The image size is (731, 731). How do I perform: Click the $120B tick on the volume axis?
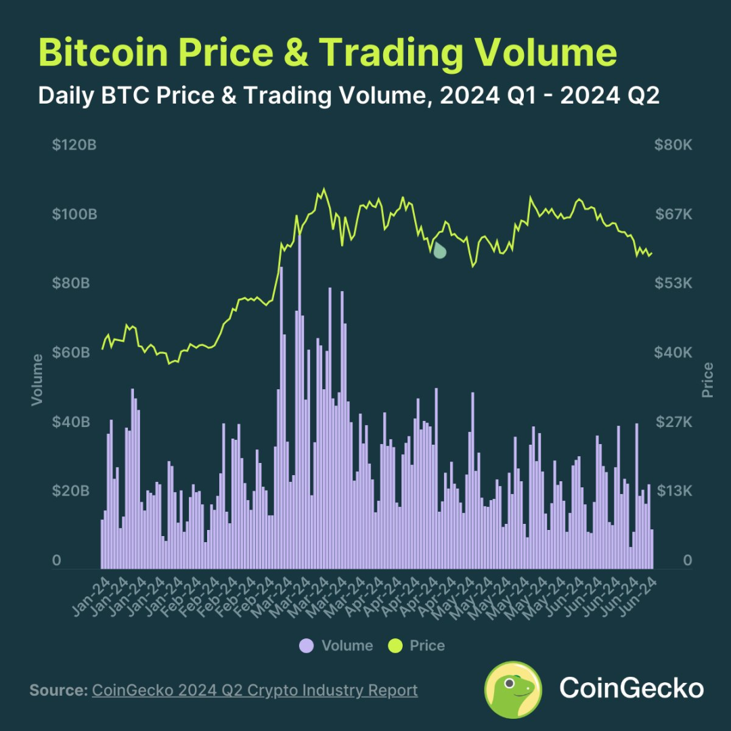coord(74,146)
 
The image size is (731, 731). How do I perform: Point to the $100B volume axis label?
coord(74,215)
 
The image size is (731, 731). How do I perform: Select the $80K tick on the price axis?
coord(673,146)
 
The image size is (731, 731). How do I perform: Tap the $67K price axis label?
coord(673,215)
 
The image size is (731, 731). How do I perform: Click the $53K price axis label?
coord(673,284)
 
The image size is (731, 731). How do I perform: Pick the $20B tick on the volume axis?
coord(70,491)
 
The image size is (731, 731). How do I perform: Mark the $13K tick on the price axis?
coord(673,491)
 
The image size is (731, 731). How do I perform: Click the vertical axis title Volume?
coord(37,380)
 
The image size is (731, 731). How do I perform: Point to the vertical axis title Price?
coord(708,380)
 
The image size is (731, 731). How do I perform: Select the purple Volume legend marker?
coord(307,646)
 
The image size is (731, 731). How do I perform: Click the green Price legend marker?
coord(395,646)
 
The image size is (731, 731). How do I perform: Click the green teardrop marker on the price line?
coord(439,250)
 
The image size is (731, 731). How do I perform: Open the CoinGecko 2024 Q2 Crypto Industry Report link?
coord(254,690)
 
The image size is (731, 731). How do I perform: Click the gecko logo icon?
coord(513,690)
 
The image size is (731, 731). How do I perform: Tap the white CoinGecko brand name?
coord(631,689)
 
